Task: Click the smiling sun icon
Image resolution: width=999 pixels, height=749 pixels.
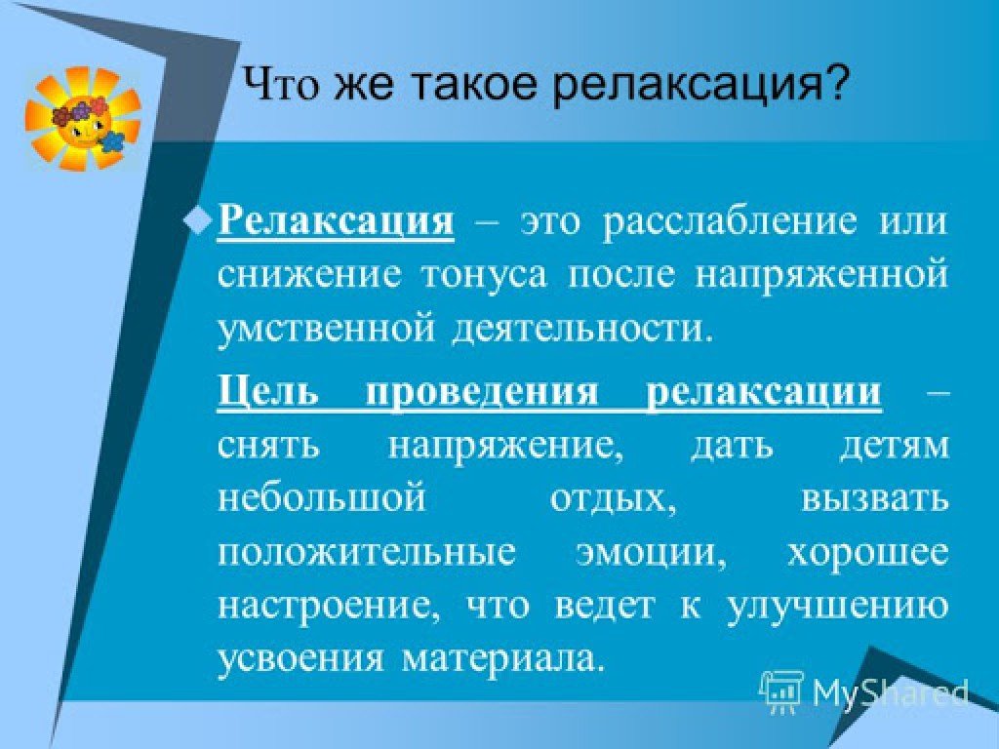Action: tap(83, 119)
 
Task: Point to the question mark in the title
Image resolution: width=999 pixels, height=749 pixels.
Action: tap(835, 82)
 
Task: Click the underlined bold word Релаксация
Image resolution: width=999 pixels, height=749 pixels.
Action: tap(336, 221)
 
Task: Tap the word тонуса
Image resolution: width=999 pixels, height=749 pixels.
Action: tap(484, 276)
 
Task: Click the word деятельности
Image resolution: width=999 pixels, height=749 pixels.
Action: tap(579, 330)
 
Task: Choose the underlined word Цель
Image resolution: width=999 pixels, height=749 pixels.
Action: tap(267, 390)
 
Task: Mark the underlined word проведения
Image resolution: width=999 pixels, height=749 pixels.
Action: tap(482, 391)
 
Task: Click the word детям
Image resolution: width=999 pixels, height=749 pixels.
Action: tap(894, 446)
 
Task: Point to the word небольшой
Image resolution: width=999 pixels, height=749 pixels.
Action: tap(322, 497)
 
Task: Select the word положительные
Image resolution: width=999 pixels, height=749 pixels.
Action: tap(367, 553)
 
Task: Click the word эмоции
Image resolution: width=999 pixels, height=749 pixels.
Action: tap(651, 553)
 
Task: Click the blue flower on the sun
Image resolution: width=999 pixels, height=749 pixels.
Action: tap(112, 140)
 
